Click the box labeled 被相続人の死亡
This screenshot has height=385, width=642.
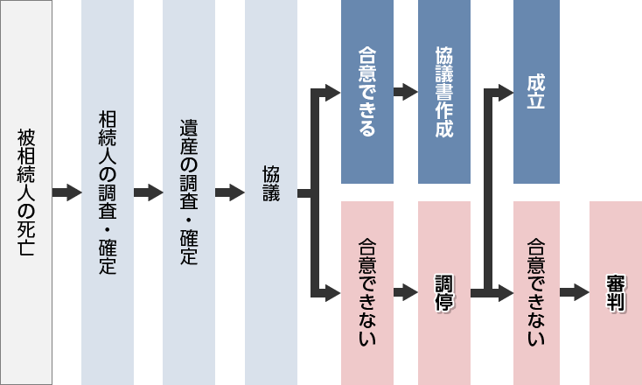26,192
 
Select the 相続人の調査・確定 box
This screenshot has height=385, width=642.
108,192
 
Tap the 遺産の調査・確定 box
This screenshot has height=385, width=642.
189,192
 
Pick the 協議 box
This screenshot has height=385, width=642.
271,192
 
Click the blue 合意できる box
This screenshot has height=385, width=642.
366,92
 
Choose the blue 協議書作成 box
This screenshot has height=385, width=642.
444,92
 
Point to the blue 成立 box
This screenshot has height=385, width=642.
536,92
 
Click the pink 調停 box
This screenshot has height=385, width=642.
444,292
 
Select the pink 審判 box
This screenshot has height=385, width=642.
615,292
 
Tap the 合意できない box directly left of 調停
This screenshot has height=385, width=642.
366,292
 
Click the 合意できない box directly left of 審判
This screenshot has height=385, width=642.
536,292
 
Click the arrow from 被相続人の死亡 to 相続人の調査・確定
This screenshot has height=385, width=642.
66,192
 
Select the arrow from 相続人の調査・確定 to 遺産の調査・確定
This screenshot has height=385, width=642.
148,192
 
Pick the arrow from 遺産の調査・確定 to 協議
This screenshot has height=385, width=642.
229,192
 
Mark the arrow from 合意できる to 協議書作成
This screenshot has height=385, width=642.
405,91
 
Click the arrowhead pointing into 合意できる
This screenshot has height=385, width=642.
332,91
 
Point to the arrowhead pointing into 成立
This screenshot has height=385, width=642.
505,91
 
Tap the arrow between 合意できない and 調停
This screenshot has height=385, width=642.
405,293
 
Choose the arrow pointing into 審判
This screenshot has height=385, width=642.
575,293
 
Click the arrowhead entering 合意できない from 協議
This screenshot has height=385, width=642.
332,293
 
